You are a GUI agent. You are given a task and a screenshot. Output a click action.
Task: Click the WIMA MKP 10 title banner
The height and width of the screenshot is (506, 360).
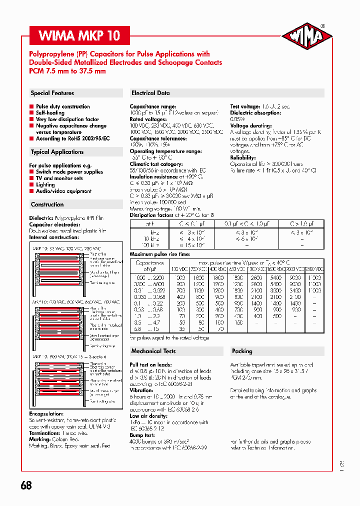pos(80,36)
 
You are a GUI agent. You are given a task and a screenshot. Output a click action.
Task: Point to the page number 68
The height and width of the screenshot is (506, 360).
pos(26,485)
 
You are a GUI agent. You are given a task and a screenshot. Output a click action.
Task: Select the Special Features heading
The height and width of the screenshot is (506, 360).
pos(52,93)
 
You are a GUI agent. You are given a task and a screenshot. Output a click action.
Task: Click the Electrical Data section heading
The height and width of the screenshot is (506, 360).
pos(150,93)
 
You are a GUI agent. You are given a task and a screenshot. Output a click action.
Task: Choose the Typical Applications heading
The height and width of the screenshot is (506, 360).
pos(57,152)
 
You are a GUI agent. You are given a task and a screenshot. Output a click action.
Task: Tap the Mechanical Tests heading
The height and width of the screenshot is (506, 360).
pos(153,351)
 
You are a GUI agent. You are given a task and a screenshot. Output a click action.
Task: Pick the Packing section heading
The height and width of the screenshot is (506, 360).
pos(242,351)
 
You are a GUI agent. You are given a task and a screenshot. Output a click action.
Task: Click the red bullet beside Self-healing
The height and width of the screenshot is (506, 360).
pos(31,113)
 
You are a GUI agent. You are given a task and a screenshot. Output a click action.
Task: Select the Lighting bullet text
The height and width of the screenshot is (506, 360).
pos(45,184)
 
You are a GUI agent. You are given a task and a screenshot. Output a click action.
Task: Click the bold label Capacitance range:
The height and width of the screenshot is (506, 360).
pos(153,106)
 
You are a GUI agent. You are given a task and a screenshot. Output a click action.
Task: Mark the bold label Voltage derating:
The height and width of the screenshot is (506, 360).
pos(250,126)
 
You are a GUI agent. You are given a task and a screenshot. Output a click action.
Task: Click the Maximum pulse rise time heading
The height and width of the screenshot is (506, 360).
pos(160,254)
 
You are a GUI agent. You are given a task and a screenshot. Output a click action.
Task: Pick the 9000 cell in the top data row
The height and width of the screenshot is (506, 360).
pos(295,277)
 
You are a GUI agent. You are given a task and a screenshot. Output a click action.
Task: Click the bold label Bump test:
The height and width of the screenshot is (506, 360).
pos(143,435)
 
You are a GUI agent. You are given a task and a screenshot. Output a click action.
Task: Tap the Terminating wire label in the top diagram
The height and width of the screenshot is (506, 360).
pos(102,283)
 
